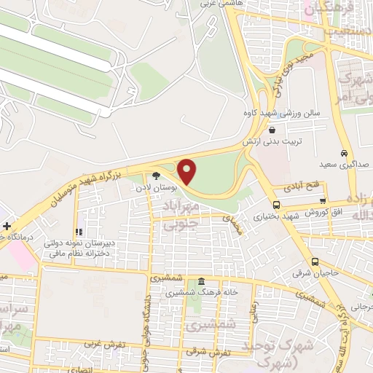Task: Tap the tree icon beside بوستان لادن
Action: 156,175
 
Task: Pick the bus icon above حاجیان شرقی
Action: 315,262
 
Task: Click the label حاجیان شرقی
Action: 315,275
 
